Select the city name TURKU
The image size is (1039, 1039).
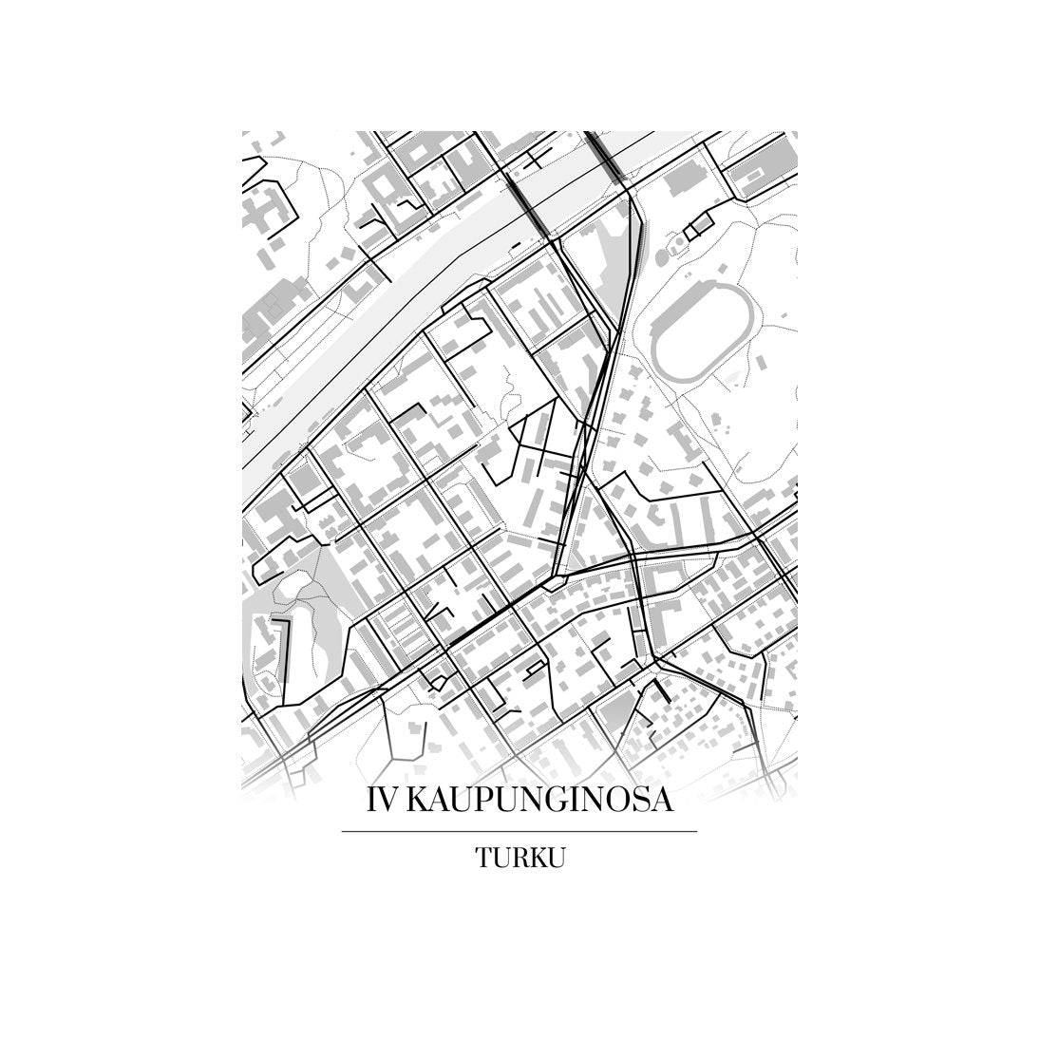tap(519, 858)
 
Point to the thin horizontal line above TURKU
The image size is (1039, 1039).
tap(519, 831)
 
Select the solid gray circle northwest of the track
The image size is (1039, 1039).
tap(666, 247)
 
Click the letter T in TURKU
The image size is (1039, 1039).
tap(483, 858)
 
